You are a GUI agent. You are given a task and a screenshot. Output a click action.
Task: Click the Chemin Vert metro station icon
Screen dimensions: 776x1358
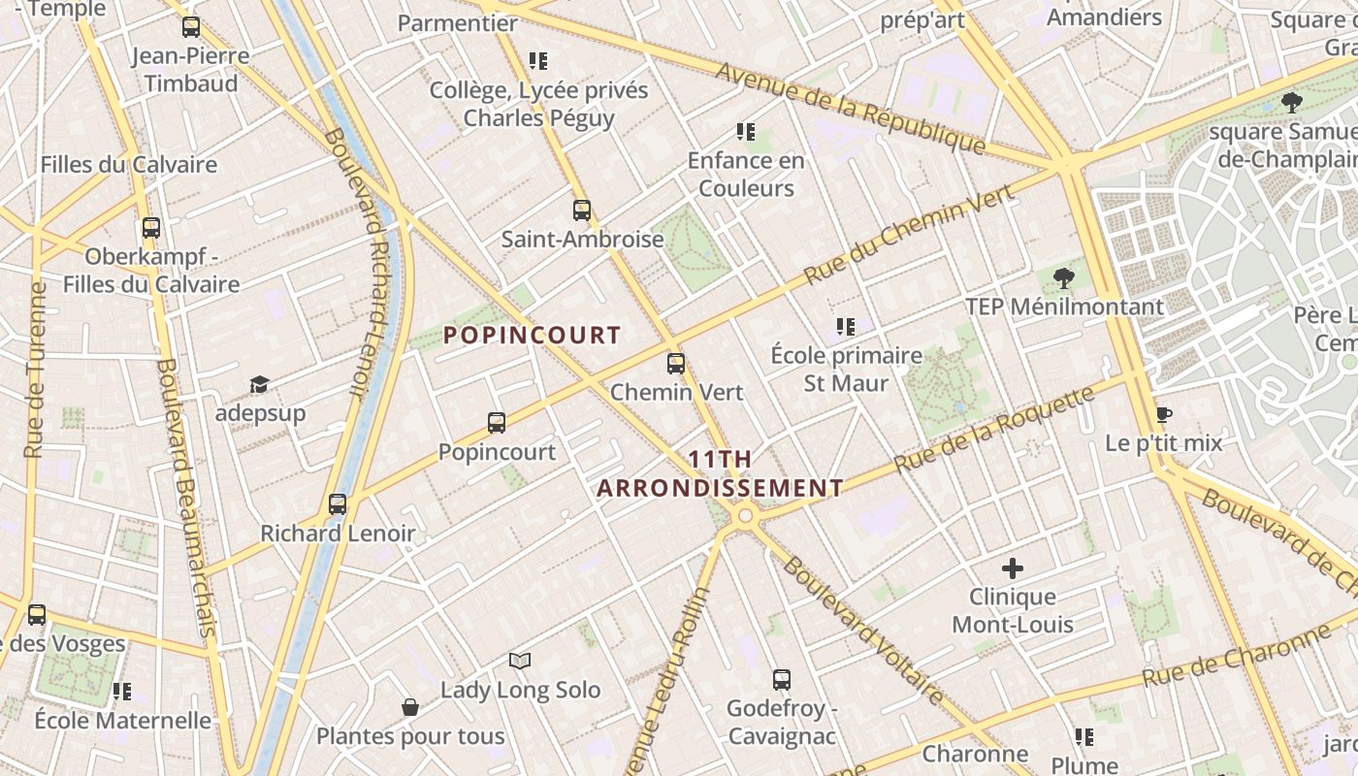[676, 365]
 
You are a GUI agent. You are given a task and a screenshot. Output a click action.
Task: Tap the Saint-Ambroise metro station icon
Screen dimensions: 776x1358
[582, 210]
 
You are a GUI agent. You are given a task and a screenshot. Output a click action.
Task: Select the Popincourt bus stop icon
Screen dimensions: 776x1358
[497, 423]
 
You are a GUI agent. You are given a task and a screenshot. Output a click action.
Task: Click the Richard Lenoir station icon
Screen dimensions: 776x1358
[338, 504]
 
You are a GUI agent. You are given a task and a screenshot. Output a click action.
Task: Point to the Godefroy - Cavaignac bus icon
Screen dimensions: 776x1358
[782, 680]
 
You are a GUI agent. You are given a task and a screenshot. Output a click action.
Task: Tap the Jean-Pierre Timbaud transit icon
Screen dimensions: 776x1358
[191, 27]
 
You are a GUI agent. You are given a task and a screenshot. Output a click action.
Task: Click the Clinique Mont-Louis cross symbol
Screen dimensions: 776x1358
[1013, 568]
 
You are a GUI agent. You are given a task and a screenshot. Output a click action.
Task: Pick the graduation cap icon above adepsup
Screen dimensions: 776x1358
[259, 385]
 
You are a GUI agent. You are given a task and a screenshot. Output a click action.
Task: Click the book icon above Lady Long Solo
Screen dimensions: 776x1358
[521, 662]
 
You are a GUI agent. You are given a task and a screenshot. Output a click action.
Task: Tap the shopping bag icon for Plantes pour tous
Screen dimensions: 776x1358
[410, 707]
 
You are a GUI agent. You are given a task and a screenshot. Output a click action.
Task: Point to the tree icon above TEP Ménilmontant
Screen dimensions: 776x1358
[1064, 278]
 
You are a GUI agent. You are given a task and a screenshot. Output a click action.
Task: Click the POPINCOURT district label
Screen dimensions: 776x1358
[532, 336]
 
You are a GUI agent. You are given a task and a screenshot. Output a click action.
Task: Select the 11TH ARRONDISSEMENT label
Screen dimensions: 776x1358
[720, 473]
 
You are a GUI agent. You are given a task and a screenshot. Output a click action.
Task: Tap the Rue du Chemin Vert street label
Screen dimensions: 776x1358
[909, 234]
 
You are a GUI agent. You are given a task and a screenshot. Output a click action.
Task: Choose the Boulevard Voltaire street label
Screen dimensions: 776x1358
[862, 630]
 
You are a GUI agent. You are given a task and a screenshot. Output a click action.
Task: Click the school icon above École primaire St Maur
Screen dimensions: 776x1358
[846, 327]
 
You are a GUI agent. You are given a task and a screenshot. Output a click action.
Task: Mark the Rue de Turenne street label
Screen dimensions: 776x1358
[35, 370]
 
